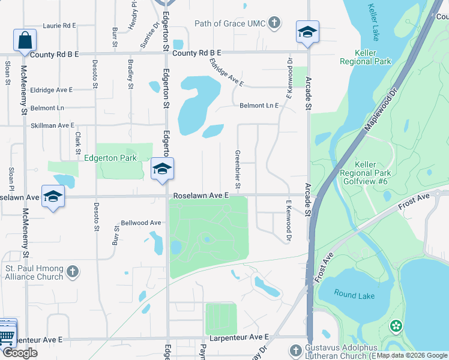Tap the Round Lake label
(x=355, y=296)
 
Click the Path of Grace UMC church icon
(x=274, y=24)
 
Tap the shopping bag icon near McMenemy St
(x=25, y=41)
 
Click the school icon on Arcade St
(x=307, y=32)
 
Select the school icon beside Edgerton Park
(x=161, y=169)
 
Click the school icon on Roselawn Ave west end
(x=53, y=197)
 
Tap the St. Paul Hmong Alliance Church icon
(x=73, y=272)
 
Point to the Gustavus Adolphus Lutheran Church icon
(x=295, y=350)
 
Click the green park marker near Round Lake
(x=396, y=326)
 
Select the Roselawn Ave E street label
(x=201, y=196)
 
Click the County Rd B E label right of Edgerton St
(x=197, y=53)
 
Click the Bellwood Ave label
(x=141, y=223)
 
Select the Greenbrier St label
(x=238, y=169)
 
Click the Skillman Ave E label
(x=52, y=125)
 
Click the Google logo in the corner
(x=20, y=353)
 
